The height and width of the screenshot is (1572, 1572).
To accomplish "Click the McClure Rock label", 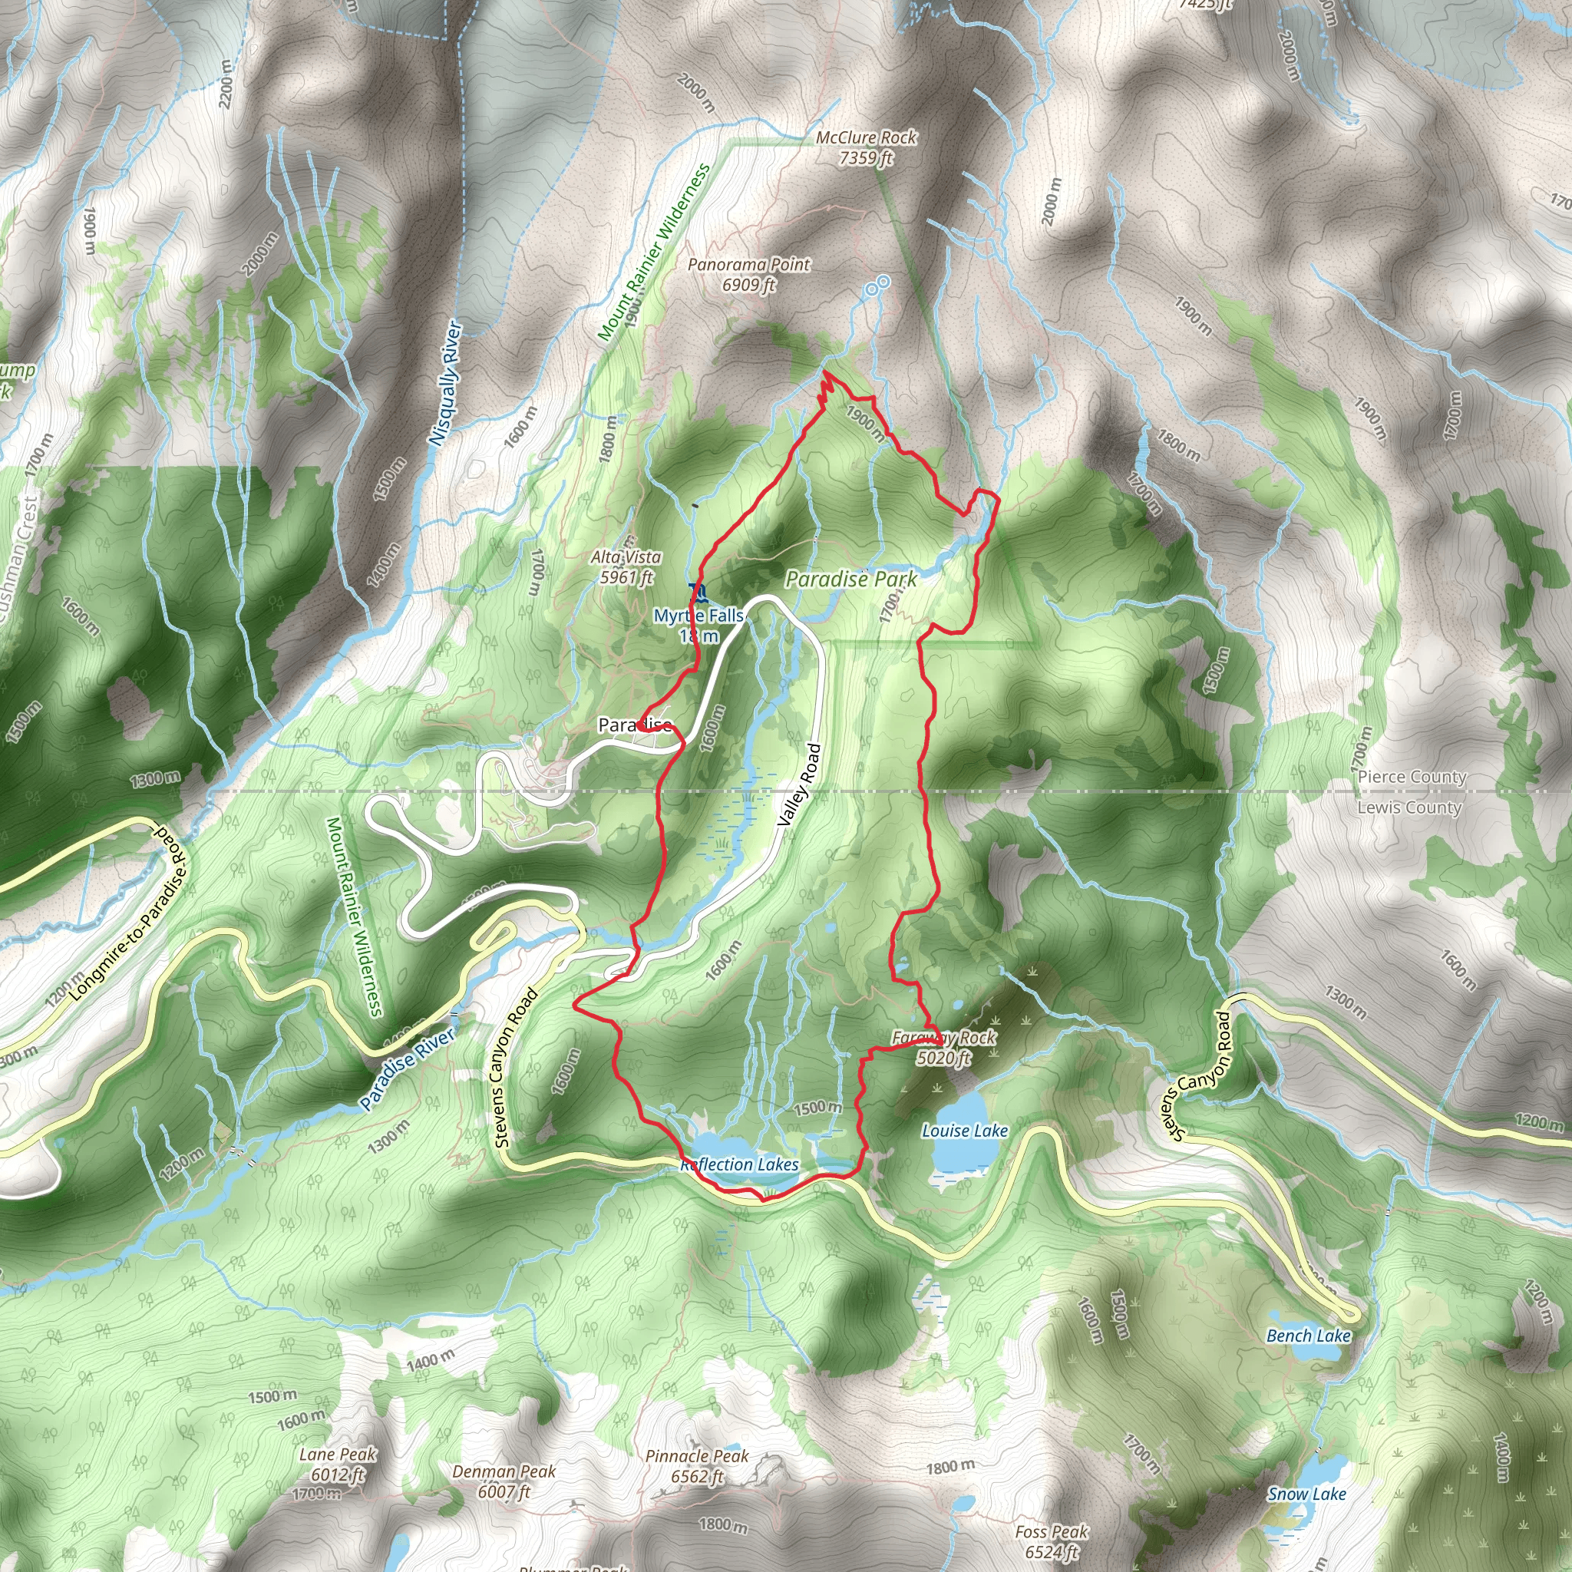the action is [x=866, y=147].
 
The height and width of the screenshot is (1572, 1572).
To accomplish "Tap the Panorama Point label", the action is [x=748, y=274].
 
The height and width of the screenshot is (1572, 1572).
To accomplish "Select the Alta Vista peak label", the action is [x=626, y=567].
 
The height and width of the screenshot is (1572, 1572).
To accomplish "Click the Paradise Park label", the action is [x=850, y=580].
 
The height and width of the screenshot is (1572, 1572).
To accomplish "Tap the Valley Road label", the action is [x=799, y=785].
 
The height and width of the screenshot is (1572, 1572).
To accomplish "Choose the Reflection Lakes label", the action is [x=741, y=1164].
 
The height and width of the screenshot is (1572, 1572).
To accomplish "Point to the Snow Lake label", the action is [x=1306, y=1494].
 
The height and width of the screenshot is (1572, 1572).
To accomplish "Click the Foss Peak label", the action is [x=1052, y=1542].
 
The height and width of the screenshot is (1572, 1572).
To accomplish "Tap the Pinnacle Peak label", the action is [x=697, y=1465].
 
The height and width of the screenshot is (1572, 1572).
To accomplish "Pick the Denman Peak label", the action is [x=504, y=1481].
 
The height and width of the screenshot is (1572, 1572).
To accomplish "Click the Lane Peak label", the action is [x=338, y=1464].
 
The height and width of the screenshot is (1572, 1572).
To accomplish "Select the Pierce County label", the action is [x=1412, y=777].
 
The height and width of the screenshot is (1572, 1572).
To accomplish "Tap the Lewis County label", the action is [x=1409, y=807].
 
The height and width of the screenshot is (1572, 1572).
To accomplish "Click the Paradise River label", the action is [x=408, y=1069].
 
